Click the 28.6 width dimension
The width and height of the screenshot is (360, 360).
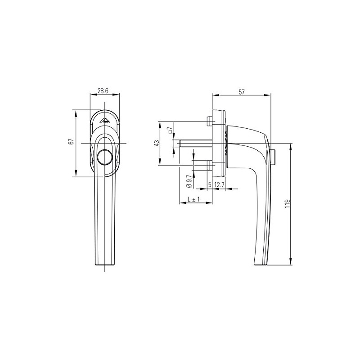click(103, 90)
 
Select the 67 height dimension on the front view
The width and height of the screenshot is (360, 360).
click(71, 142)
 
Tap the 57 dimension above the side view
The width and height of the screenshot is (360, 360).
click(242, 92)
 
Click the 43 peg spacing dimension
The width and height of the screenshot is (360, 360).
click(157, 143)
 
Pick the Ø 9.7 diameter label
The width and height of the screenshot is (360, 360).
click(189, 181)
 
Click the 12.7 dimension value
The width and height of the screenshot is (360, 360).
click(220, 185)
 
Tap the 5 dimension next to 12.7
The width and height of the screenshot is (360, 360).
click(210, 185)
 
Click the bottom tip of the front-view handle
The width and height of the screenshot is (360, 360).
click(104, 265)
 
